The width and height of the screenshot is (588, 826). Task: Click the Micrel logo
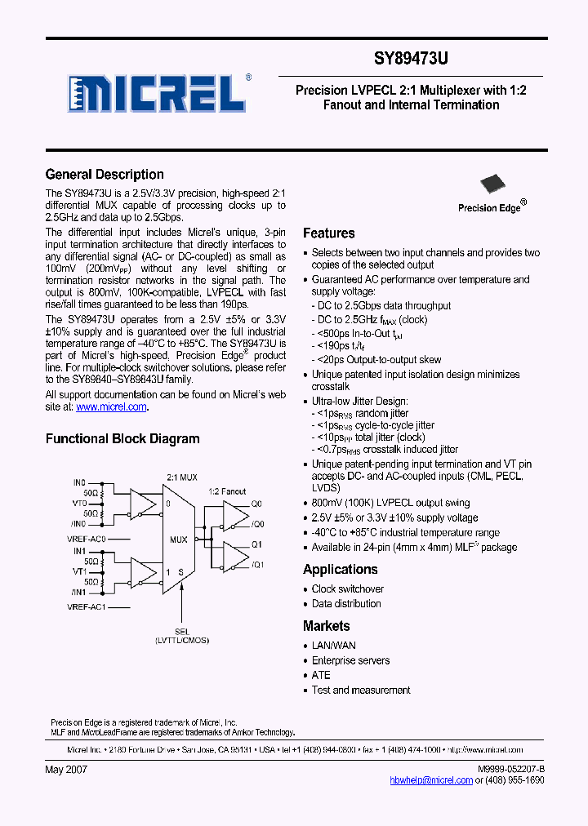158,94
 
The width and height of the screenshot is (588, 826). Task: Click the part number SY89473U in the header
411,59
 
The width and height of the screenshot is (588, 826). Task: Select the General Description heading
105,175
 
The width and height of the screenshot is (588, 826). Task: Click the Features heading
329,233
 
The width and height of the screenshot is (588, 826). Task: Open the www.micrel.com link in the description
112,406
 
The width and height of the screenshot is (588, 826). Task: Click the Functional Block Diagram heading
122,439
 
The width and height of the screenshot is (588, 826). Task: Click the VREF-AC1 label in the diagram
87,608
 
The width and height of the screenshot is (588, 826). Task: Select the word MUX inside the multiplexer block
179,540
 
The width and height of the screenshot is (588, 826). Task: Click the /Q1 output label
258,565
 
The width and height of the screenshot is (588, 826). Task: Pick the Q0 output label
256,504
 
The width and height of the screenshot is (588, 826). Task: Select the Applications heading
341,570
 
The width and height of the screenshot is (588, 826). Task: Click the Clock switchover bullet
348,589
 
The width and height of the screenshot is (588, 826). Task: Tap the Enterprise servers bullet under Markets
351,661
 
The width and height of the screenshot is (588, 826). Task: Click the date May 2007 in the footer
66,770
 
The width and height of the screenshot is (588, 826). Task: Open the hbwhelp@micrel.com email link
432,780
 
